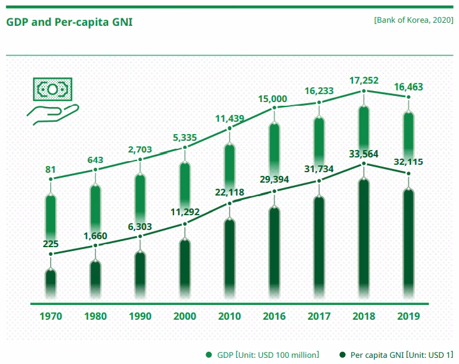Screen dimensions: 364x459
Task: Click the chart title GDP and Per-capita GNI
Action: click(x=69, y=23)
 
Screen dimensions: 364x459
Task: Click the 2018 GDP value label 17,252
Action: click(x=364, y=80)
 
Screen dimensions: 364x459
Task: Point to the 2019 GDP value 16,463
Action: click(x=409, y=88)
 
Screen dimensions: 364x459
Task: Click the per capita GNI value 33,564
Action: click(x=364, y=154)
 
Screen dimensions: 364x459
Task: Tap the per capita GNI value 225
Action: click(x=50, y=243)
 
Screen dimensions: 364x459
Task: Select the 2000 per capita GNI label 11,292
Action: click(x=185, y=213)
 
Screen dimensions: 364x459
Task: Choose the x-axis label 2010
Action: click(x=229, y=316)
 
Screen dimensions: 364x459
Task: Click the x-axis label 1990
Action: click(x=140, y=316)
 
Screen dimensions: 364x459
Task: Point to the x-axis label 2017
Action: click(x=319, y=316)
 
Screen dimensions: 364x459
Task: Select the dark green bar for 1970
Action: click(x=50, y=286)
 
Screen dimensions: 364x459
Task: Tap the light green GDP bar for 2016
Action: click(x=274, y=154)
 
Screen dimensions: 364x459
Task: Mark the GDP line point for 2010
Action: click(x=229, y=129)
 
